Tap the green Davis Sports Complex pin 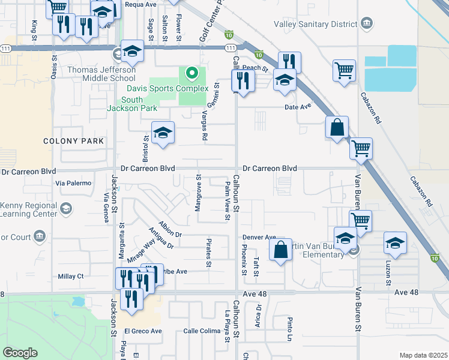coord(192,74)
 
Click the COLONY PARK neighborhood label coord(73,141)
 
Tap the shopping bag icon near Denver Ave coord(281,250)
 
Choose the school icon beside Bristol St coord(162,133)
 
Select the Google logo coord(20,352)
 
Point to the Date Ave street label coord(298,106)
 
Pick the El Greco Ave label coord(143,331)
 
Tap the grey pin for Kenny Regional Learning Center coord(66,208)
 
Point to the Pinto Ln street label coord(289,325)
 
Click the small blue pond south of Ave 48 coord(78,301)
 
